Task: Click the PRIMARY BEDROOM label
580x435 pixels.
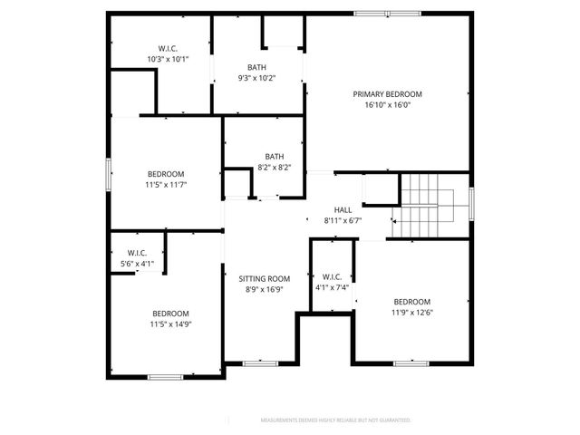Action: pyautogui.click(x=387, y=93)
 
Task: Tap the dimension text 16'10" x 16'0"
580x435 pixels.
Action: pyautogui.click(x=387, y=104)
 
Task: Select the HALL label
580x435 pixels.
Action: pyautogui.click(x=343, y=209)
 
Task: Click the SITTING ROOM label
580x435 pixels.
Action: pyautogui.click(x=264, y=278)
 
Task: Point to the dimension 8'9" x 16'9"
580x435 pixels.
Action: pyautogui.click(x=264, y=290)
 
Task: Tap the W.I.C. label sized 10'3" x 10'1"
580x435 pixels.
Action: pyautogui.click(x=168, y=48)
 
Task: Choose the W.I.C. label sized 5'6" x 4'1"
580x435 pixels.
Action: pyautogui.click(x=138, y=253)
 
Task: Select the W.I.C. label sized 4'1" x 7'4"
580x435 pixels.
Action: pyautogui.click(x=331, y=276)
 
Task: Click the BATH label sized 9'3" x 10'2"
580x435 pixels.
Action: pyautogui.click(x=256, y=67)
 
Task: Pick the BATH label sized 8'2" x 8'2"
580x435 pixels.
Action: pyautogui.click(x=274, y=156)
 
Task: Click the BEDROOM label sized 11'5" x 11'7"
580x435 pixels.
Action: pyautogui.click(x=166, y=174)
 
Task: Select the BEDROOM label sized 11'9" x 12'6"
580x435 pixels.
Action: pyautogui.click(x=411, y=302)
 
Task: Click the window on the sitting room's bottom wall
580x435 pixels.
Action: pyautogui.click(x=260, y=363)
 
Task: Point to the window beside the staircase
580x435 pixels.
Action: pyautogui.click(x=472, y=203)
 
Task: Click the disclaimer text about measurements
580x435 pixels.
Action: pyautogui.click(x=335, y=420)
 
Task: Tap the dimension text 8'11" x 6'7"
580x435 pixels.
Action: pyautogui.click(x=343, y=220)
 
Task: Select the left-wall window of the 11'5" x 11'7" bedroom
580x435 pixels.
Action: pyautogui.click(x=108, y=174)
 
